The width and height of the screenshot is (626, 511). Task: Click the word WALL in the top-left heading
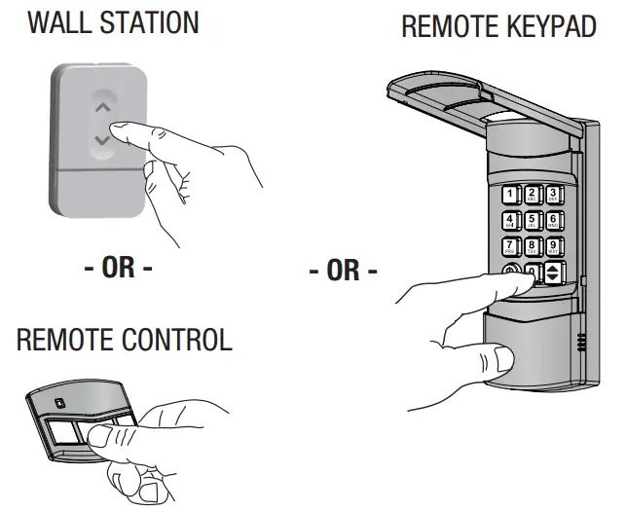[60, 21]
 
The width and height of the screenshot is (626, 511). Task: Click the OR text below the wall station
[118, 269]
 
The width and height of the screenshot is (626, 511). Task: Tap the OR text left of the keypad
[342, 271]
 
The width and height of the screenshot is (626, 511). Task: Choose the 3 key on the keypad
[553, 194]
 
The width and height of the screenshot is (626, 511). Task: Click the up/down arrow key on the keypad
[554, 274]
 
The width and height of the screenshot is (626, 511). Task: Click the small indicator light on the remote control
[60, 401]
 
